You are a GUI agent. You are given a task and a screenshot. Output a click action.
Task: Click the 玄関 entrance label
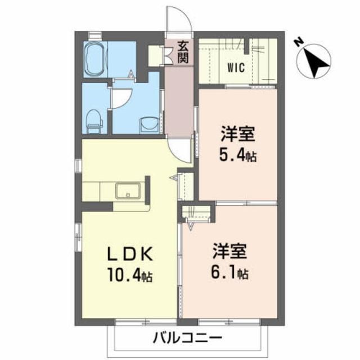click(x=182, y=51)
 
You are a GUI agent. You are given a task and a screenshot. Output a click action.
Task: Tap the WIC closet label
click(x=235, y=69)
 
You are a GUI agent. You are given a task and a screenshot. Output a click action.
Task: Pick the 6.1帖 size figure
click(x=231, y=274)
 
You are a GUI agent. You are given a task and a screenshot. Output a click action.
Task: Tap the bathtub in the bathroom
click(x=97, y=58)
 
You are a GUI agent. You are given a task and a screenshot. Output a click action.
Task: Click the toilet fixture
click(x=94, y=119)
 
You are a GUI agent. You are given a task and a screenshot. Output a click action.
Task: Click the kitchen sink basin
click(x=130, y=192)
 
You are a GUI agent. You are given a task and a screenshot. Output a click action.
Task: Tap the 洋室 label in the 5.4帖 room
click(x=238, y=135)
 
